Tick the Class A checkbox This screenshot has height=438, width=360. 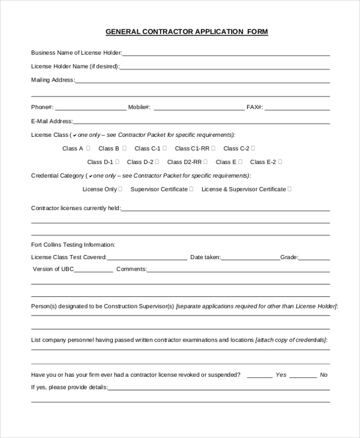(x=88, y=148)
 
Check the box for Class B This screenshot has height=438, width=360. (x=125, y=148)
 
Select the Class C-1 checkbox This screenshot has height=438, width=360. (x=165, y=148)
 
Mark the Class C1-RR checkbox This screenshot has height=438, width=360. (x=214, y=148)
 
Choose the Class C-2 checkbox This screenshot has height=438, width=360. (x=253, y=148)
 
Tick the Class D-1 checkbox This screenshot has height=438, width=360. (x=117, y=161)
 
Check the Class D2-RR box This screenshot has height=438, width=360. (x=206, y=161)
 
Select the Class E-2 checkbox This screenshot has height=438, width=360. (x=280, y=161)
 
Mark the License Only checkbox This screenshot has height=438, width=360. (x=121, y=188)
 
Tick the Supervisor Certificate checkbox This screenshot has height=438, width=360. (x=191, y=188)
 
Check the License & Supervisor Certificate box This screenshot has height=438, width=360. (x=290, y=188)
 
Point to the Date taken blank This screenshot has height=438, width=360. (x=250, y=259)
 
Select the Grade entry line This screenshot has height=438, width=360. (x=314, y=259)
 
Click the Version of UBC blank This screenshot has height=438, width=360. (x=94, y=271)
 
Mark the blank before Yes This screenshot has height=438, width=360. (x=259, y=377)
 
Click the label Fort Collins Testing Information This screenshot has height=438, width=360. (x=73, y=244)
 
